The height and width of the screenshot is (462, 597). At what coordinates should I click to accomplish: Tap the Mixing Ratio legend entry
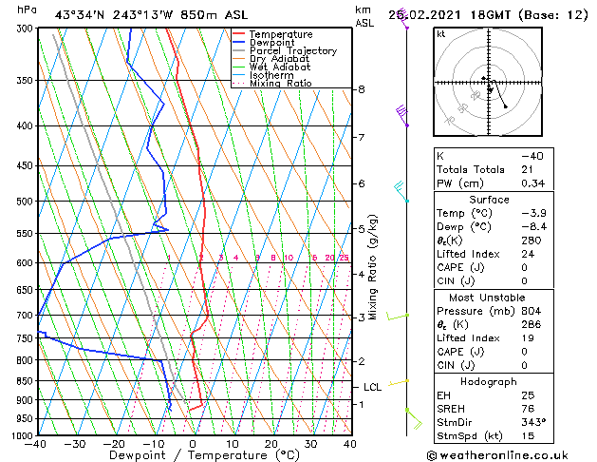click(x=281, y=84)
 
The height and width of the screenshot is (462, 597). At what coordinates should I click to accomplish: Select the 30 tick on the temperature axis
click(x=310, y=444)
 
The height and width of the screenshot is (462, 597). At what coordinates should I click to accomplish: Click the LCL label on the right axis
click(x=372, y=387)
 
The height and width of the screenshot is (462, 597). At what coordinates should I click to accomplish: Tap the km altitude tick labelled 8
click(x=361, y=89)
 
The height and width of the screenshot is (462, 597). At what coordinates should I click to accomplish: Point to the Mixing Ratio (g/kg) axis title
click(x=374, y=267)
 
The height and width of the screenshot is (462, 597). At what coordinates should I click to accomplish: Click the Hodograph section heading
click(x=490, y=381)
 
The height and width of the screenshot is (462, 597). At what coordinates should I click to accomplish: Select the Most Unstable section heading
click(x=490, y=297)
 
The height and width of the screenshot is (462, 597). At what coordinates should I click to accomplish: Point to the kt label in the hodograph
click(x=441, y=33)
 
